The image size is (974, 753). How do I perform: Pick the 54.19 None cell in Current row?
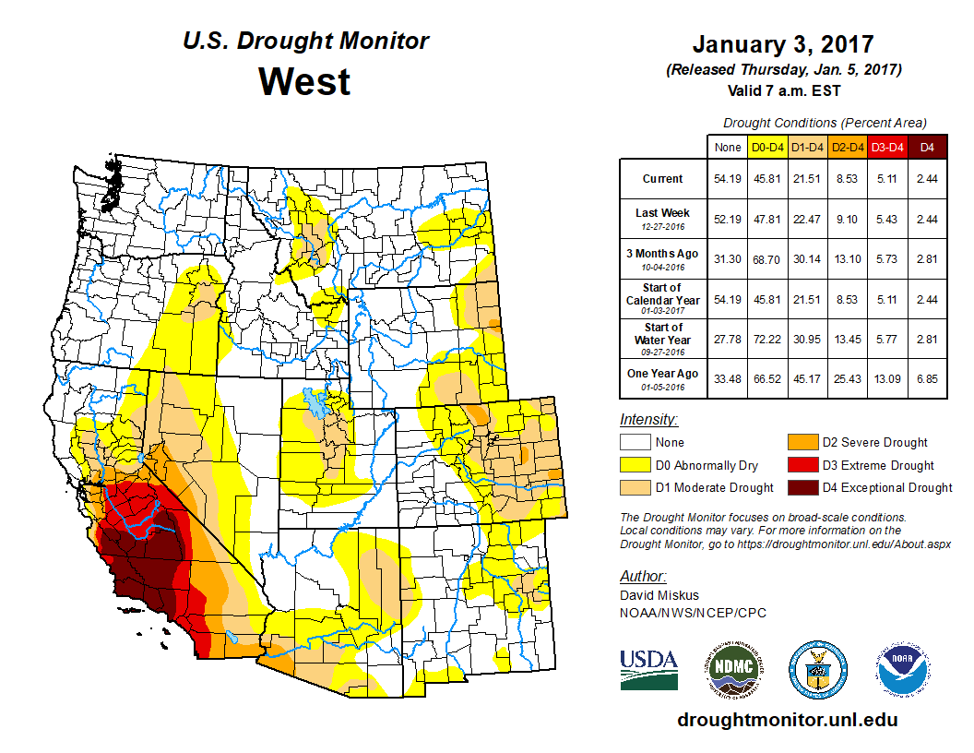click(727, 178)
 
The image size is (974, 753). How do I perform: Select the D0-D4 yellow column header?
click(767, 147)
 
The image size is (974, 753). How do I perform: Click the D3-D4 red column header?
click(887, 147)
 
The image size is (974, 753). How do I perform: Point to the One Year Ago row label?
click(663, 378)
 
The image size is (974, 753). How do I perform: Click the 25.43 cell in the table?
click(847, 378)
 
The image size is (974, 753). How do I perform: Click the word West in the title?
click(304, 81)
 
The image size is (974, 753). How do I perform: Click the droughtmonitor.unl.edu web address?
click(787, 719)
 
